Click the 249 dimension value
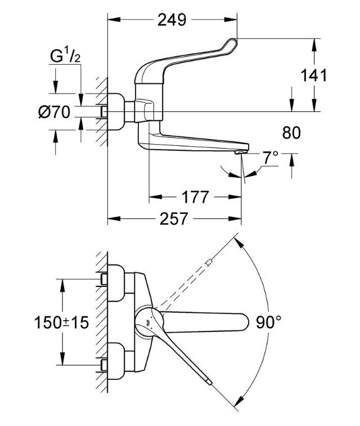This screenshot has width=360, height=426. [x=172, y=20]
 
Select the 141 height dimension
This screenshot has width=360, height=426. [x=313, y=75]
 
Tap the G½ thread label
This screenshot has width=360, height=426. [x=65, y=56]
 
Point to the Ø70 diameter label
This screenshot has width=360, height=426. [x=55, y=111]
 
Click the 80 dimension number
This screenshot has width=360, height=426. [x=291, y=133]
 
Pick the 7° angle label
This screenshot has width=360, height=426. [x=271, y=158]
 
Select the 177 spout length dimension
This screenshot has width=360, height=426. [x=195, y=197]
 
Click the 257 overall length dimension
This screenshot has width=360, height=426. [x=174, y=219]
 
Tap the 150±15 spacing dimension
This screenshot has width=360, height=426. [x=62, y=323]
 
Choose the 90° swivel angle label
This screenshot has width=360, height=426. [x=269, y=322]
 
